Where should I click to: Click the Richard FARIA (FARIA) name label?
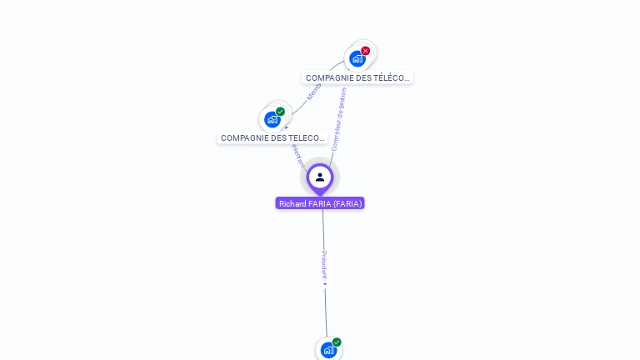(320, 203)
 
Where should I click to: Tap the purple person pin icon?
(320, 177)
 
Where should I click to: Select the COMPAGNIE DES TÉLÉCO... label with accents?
(357, 77)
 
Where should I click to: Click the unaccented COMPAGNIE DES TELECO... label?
(272, 137)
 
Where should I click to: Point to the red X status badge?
(365, 51)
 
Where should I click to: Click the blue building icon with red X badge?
(357, 58)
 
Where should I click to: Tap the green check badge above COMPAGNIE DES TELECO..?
(281, 112)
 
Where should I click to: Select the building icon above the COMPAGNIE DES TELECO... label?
(272, 119)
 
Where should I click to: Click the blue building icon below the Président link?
(328, 350)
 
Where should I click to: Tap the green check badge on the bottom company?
(337, 342)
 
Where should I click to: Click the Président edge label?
(324, 264)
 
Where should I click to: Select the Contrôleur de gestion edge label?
(338, 119)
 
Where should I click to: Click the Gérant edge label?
(298, 155)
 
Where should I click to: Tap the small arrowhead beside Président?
(325, 284)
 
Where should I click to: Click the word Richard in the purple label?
(292, 203)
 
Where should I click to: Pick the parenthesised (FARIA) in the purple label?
(347, 203)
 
